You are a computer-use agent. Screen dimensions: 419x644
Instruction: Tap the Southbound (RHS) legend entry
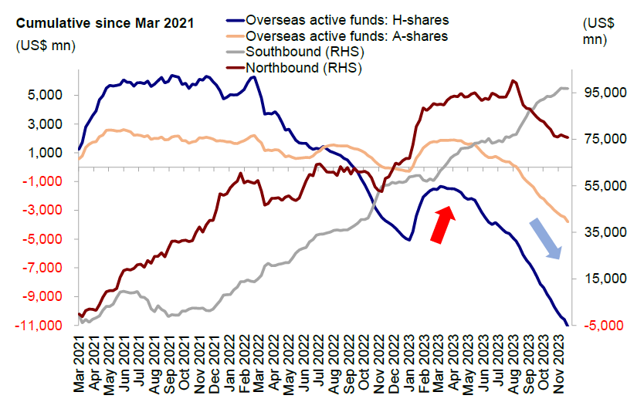pyautogui.click(x=304, y=52)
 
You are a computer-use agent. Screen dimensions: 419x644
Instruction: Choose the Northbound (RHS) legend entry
pyautogui.click(x=303, y=67)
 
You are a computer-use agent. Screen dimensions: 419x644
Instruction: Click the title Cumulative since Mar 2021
pyautogui.click(x=105, y=22)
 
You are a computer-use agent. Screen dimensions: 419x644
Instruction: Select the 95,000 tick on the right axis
pyautogui.click(x=602, y=93)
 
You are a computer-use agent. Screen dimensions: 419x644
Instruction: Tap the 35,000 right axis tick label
pyautogui.click(x=602, y=232)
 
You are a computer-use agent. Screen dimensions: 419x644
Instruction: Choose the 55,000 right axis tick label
pyautogui.click(x=602, y=186)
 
